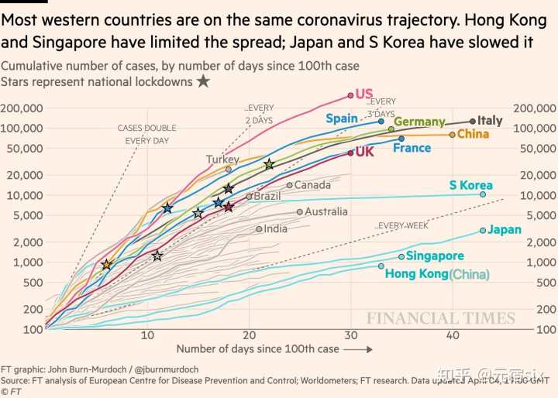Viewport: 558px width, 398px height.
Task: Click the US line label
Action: coord(364,94)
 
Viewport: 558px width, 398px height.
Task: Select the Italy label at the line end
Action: coord(490,120)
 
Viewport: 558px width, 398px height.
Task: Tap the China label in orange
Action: coord(474,134)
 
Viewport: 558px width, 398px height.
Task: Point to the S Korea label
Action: coord(470,185)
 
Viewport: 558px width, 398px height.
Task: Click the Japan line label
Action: coord(505,229)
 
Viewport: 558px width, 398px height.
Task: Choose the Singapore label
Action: coord(435,256)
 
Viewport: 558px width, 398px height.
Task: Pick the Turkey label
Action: coord(222,160)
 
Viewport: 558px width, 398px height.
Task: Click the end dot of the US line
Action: coord(350,95)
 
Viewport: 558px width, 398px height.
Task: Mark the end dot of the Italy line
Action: coord(473,121)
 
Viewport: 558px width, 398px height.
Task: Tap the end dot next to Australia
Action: coord(300,211)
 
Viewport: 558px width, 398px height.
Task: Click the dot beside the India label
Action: coord(259,228)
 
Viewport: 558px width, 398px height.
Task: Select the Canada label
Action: coord(312,184)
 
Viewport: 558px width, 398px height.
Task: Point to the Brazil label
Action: coord(267,196)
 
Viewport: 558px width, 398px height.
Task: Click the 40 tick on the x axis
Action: coord(452,335)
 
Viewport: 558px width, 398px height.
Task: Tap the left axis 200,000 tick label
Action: coord(22,108)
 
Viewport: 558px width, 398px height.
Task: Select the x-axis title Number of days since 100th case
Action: coord(258,348)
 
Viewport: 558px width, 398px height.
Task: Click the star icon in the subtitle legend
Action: coord(202,81)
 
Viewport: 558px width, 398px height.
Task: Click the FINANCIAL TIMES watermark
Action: coord(440,317)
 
